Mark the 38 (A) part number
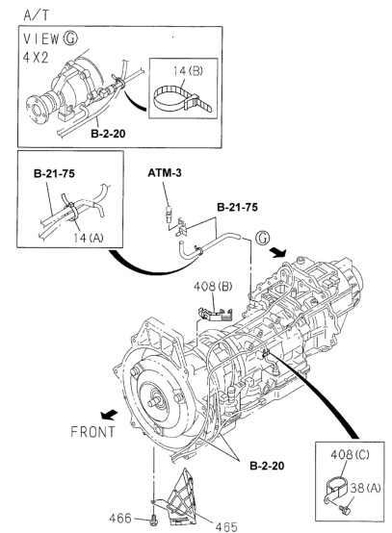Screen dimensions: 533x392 (366, 488)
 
